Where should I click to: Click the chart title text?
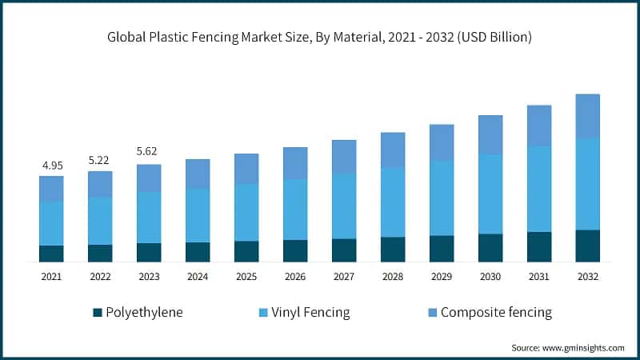coord(320,38)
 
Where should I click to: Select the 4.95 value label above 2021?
coord(51,166)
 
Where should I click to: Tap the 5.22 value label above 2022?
coord(100,160)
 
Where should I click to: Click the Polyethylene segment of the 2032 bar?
coord(588,246)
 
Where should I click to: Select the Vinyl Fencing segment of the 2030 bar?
coord(490,194)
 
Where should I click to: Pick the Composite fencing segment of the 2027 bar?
coord(344,157)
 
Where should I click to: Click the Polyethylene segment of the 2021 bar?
coord(51,254)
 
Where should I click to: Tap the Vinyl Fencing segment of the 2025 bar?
coord(246,213)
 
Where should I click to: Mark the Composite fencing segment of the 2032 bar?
coord(588,116)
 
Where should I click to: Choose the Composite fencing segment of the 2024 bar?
coord(198,174)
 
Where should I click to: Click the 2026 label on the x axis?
coord(295,276)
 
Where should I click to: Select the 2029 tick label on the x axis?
coord(442,276)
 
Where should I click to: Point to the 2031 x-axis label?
coord(539,276)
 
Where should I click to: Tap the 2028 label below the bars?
coord(393,276)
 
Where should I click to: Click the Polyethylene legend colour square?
coord(98,312)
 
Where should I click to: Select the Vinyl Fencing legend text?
coord(310,312)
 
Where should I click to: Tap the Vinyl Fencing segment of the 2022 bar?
coord(100,221)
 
